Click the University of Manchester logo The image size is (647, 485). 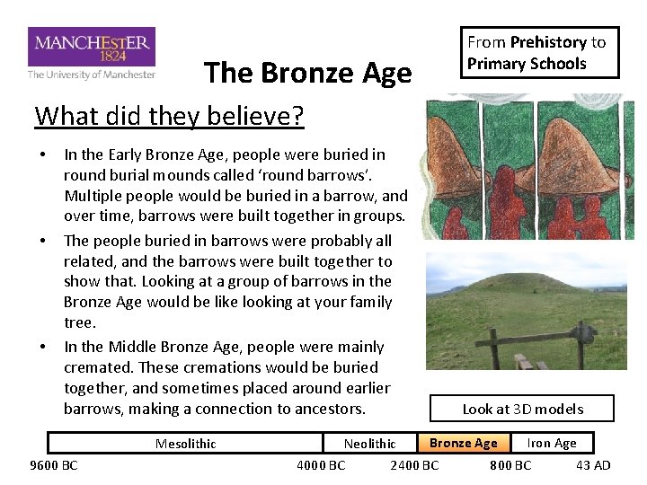pos(92,53)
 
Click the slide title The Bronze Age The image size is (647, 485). pos(307,73)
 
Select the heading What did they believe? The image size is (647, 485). pos(169,116)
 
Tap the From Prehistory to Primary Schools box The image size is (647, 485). pos(537,53)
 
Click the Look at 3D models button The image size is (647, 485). pos(523,409)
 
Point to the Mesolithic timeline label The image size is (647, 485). pos(185,444)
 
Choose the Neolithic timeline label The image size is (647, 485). pos(369,444)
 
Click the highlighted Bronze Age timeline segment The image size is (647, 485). pos(463,443)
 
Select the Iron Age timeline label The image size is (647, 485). pos(551,443)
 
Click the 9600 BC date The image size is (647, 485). pos(54,465)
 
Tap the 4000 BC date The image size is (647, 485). pos(321,465)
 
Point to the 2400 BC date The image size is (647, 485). pos(414,465)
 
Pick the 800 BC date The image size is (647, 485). pos(510,465)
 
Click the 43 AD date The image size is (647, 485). pos(592,465)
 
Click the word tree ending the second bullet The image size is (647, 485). pos(79,322)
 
